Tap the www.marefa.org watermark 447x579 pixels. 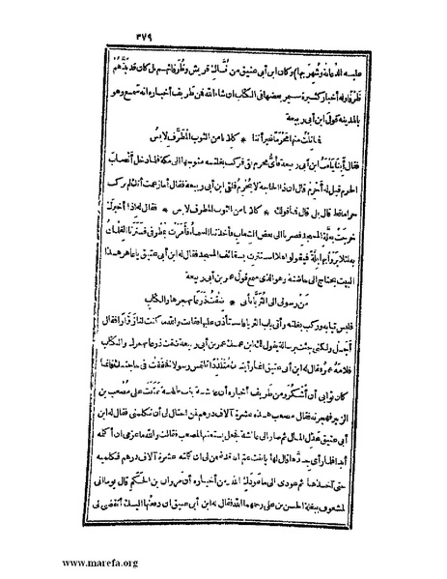(68, 562)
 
